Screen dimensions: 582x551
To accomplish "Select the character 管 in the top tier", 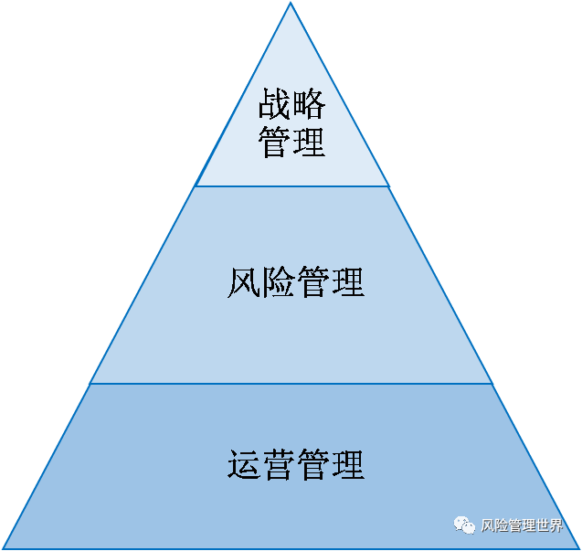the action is click(275, 143).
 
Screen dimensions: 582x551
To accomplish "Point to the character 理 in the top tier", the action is click(310, 143).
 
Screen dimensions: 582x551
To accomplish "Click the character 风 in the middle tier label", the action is click(243, 282).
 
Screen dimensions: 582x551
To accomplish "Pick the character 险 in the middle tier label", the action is click(278, 282).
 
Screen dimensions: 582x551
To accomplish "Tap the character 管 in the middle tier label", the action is click(312, 282).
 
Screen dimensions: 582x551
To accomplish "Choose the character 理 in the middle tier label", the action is click(347, 282).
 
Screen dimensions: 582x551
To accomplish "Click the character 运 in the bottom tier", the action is click(243, 464).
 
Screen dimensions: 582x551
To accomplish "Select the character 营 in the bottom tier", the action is click(278, 464).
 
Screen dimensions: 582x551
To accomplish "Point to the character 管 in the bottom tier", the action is click(312, 464).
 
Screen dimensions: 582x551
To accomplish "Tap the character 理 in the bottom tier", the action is click(347, 464).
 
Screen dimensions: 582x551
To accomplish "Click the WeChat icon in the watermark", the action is click(463, 525).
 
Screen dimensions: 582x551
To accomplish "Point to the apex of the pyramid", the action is click(291, 4).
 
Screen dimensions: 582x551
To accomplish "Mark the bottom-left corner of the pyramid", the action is click(4, 547).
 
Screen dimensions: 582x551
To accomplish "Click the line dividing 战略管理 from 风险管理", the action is click(292, 186).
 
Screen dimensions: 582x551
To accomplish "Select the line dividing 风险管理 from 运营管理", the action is click(292, 384).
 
